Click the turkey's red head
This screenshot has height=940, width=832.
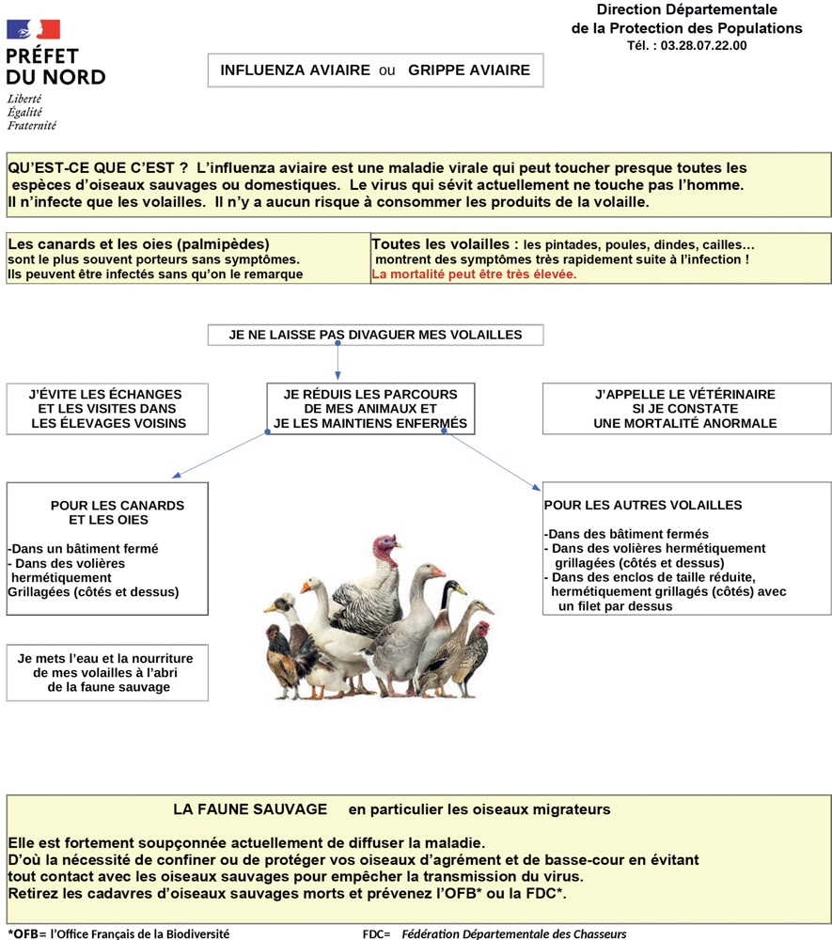384,546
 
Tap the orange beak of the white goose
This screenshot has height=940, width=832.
306,587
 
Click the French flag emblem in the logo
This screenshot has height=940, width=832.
34,30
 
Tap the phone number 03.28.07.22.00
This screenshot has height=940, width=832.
703,45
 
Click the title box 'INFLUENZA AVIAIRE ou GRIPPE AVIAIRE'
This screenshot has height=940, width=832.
375,70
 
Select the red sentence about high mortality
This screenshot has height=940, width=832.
474,274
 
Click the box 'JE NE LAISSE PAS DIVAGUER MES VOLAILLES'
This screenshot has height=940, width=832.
375,335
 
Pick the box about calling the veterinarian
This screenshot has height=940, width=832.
685,409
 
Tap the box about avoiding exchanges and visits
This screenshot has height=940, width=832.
105,409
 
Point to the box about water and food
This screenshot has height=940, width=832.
105,672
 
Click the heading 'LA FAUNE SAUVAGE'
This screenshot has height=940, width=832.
249,809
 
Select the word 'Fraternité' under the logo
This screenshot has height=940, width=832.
32,125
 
